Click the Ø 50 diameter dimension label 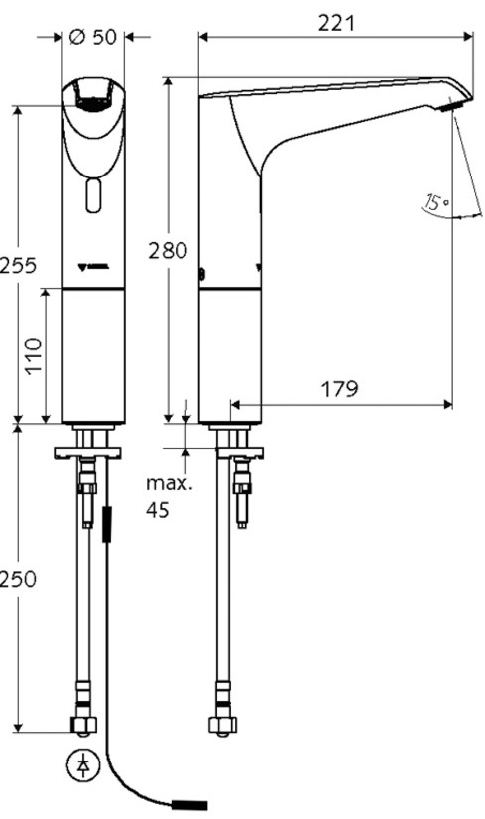pyautogui.click(x=94, y=38)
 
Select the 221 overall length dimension pyautogui.click(x=335, y=22)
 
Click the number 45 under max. pyautogui.click(x=158, y=511)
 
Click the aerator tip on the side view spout pyautogui.click(x=454, y=105)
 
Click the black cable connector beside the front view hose pyautogui.click(x=108, y=526)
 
